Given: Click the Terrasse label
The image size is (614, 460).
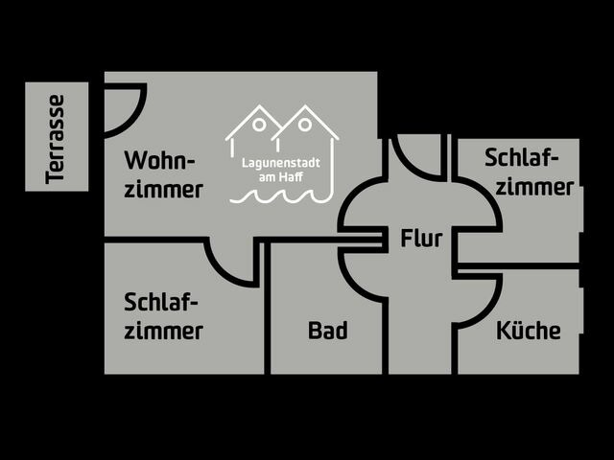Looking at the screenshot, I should tap(56, 137).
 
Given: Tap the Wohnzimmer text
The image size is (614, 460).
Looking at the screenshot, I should tap(163, 173).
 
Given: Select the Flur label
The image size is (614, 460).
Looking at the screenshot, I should tap(421, 239).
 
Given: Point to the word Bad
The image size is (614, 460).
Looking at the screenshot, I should tap(327, 332).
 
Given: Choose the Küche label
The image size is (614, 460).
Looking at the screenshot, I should tap(528, 332).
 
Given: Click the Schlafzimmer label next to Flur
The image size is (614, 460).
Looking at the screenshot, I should tap(529, 172).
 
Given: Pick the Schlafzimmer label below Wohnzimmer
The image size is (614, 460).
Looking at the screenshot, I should tap(163, 316).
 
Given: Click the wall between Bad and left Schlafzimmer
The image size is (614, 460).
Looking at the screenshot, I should tap(267, 307).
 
